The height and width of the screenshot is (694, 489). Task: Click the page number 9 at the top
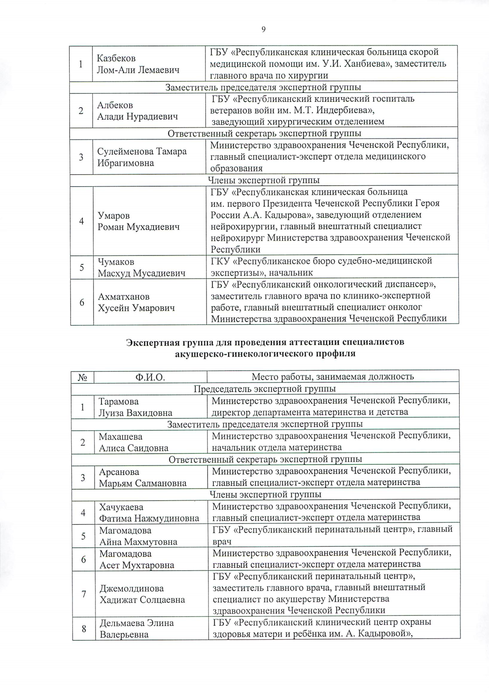(x=264, y=29)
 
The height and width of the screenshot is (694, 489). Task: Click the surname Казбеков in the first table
(x=116, y=58)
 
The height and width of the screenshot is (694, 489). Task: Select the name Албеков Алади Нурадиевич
(x=137, y=111)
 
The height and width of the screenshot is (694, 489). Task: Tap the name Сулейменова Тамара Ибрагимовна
(x=141, y=157)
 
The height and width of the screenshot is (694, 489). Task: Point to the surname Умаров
(x=113, y=215)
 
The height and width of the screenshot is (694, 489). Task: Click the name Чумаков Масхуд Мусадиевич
(x=141, y=268)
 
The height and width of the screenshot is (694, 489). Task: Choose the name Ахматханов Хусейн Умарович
(x=136, y=302)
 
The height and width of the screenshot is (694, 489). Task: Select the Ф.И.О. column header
(x=150, y=377)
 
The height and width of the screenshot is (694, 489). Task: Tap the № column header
(x=83, y=377)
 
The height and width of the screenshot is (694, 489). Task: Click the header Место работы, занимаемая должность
(x=333, y=377)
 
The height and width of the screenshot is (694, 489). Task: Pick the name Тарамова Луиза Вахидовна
(x=135, y=407)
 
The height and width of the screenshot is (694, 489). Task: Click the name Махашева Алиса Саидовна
(x=133, y=442)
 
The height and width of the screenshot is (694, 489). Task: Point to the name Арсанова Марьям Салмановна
(x=142, y=477)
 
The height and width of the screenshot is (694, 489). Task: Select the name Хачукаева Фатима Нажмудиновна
(x=149, y=512)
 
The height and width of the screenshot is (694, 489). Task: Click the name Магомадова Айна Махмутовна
(x=138, y=536)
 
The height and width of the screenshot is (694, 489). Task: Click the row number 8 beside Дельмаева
(x=84, y=628)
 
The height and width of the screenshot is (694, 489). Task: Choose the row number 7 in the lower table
(x=84, y=594)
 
